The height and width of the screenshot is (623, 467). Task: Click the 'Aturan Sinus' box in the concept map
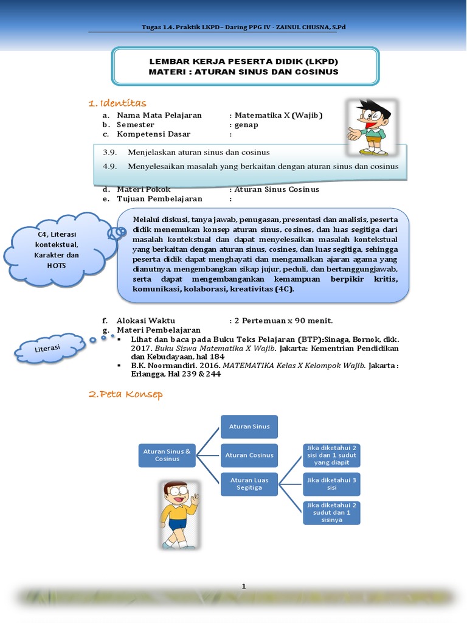coord(249,426)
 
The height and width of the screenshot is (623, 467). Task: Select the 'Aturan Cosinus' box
coord(249,455)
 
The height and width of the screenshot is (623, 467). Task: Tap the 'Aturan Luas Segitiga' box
coord(249,484)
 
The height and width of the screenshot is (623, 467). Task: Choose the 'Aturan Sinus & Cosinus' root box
coord(167,455)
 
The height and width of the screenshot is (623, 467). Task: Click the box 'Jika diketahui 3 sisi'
coord(331,484)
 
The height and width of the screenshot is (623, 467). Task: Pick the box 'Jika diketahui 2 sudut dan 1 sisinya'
coord(331,512)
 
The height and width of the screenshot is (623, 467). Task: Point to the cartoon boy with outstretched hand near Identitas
coord(370,128)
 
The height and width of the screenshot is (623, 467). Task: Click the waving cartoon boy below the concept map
coord(179,515)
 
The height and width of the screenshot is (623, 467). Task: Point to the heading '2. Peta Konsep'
coord(125,395)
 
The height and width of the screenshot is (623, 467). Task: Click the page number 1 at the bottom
coord(244,586)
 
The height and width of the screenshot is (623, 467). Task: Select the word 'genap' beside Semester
coord(246,125)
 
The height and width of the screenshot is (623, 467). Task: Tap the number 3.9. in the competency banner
coord(109,152)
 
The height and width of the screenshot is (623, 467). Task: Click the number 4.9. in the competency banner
coord(109,166)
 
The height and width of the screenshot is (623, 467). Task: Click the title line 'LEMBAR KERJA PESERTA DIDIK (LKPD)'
coord(244,62)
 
